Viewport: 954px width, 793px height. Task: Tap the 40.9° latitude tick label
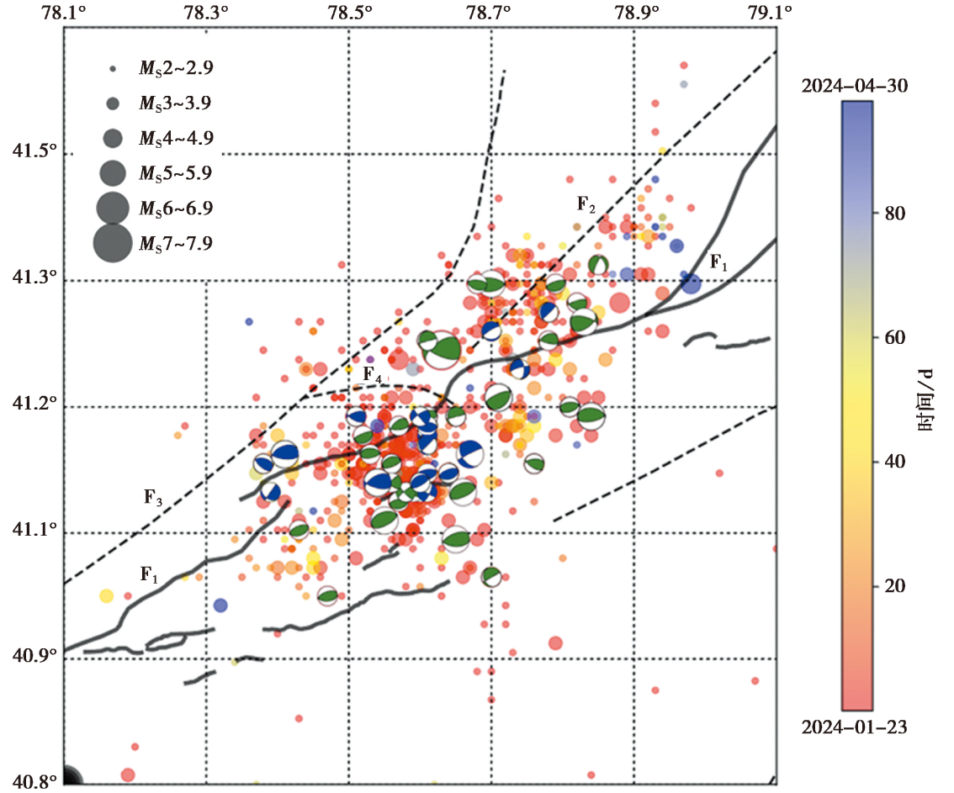30,657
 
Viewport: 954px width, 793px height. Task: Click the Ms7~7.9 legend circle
112,243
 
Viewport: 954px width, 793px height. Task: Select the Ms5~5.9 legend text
175,173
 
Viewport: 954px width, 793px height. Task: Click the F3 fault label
152,496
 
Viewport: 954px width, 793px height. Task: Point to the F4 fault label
372,374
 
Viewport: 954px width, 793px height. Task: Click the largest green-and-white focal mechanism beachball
442,346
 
